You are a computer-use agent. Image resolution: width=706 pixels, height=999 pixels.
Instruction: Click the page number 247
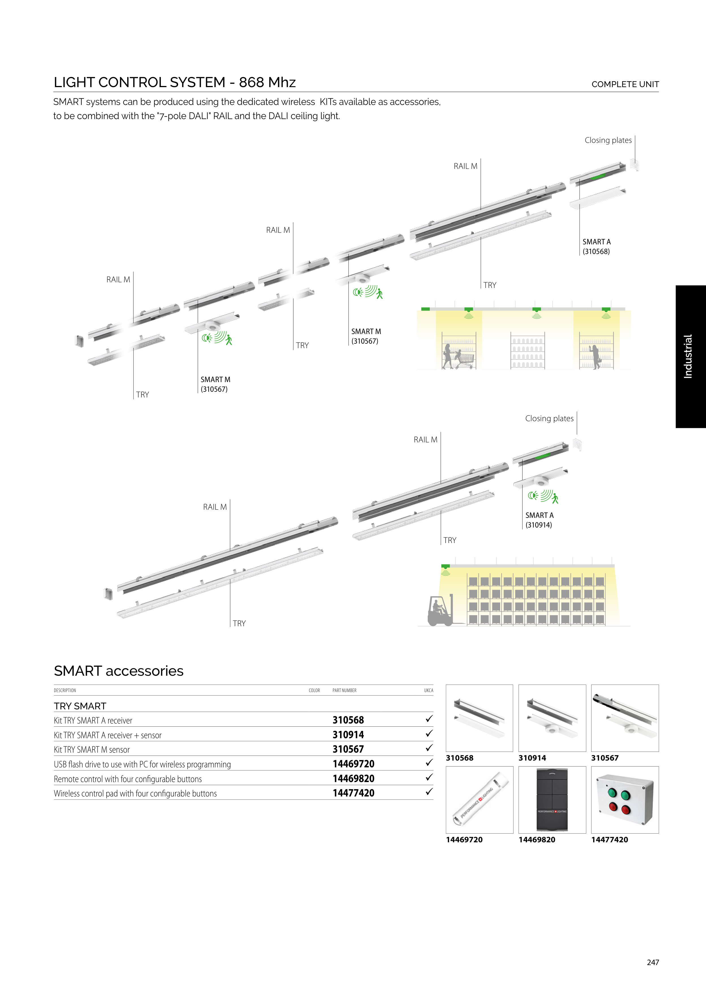tap(653, 962)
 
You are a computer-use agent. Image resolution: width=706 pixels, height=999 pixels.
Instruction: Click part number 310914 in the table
tap(348, 735)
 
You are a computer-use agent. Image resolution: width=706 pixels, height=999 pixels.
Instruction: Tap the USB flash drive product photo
tap(479, 800)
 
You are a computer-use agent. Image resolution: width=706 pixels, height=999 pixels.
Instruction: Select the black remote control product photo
tap(552, 800)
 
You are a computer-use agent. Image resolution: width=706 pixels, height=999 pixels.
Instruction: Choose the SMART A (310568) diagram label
tap(596, 247)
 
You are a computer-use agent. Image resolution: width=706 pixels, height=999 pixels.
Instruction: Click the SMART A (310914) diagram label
tap(539, 520)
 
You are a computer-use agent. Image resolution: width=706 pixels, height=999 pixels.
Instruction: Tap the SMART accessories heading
tap(119, 671)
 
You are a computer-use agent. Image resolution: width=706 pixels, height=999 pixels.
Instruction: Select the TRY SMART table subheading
tap(80, 706)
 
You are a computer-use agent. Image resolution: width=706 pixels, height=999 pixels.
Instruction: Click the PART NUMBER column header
tap(344, 690)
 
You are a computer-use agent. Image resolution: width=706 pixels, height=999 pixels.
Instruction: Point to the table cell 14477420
tap(353, 793)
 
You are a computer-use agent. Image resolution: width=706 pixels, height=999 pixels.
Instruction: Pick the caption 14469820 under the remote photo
tap(537, 840)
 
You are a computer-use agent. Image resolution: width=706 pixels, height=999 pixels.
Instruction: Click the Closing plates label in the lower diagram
tap(549, 419)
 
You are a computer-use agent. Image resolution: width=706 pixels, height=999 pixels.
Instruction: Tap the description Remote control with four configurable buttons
tap(128, 779)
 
